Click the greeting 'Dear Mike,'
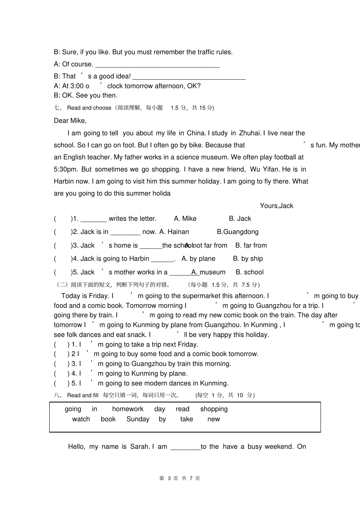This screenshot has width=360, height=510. pos(70,121)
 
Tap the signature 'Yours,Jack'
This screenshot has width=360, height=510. pos(276,206)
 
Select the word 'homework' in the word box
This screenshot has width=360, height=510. pos(128,409)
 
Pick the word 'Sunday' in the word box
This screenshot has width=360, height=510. pos(138,419)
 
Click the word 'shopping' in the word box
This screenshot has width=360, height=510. pos(214,409)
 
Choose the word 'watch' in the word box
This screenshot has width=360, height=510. pos(81,419)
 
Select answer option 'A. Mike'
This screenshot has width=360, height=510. pos(185,218)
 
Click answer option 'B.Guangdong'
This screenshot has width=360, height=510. pos(238,232)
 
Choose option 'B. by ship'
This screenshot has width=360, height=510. pos(248,259)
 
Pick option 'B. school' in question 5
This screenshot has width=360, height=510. pos(249,272)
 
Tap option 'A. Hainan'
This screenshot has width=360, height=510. pos(174,232)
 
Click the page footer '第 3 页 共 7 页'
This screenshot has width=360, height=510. pos(180,478)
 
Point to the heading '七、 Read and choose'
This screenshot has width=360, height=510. pos(83,108)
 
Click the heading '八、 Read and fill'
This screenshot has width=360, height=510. pos(76,395)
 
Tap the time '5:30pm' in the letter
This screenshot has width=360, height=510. pos(65,169)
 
